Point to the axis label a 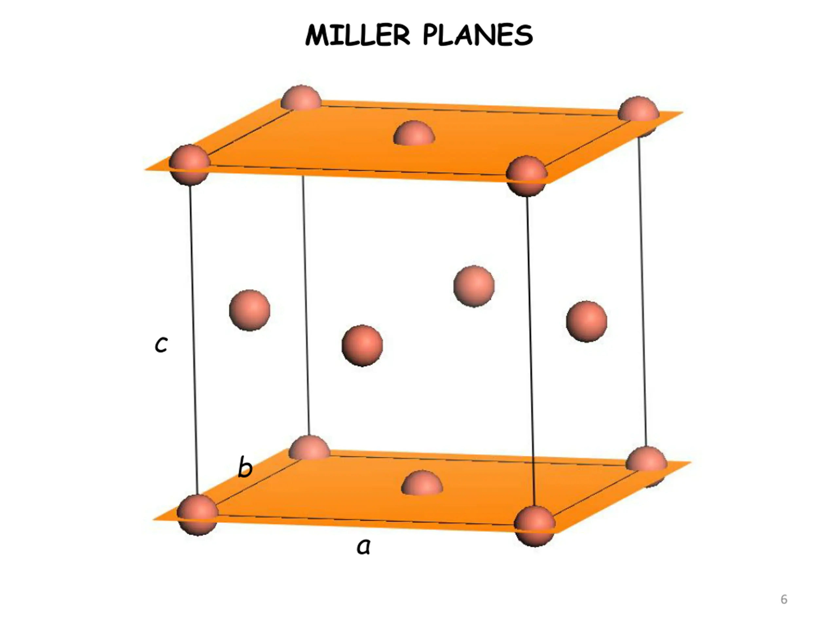[x=363, y=547]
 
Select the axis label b [x=245, y=467]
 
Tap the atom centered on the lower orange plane [x=422, y=483]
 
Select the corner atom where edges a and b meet [x=197, y=515]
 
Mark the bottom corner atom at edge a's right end [x=535, y=526]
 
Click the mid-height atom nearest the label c [x=250, y=310]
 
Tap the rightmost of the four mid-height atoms [x=587, y=322]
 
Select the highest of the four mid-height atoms [x=474, y=286]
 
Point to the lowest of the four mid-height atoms [x=362, y=345]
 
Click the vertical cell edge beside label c [x=193, y=341]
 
